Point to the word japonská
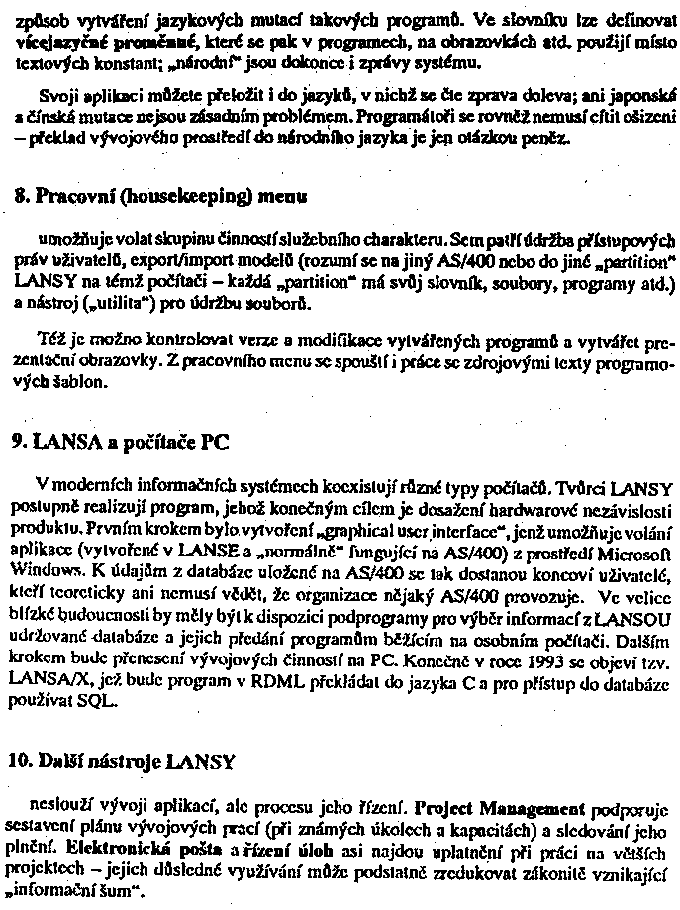coord(631,96)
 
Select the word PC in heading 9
coord(215,443)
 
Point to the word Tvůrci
coord(581,487)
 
